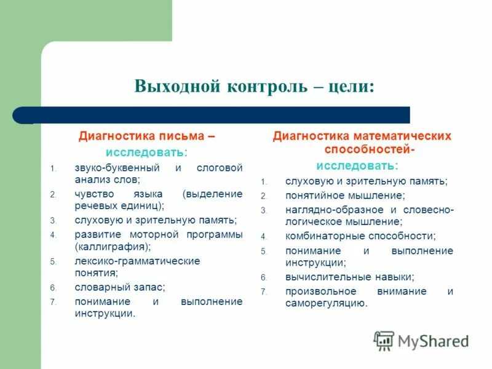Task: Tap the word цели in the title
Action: click(x=351, y=85)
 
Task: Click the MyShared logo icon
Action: click(x=384, y=341)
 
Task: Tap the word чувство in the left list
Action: click(x=95, y=194)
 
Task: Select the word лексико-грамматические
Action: click(x=137, y=261)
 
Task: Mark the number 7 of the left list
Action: click(x=53, y=302)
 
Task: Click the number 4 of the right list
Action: click(x=263, y=237)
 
